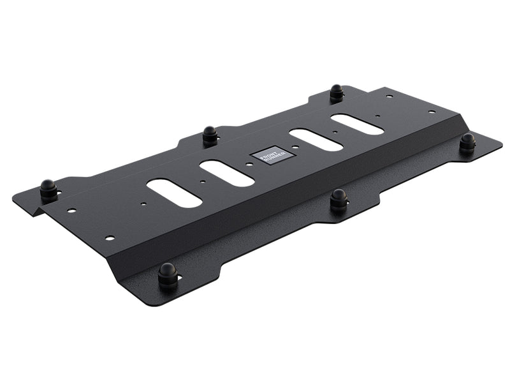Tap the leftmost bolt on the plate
(x=48, y=190)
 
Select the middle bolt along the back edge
(x=210, y=135)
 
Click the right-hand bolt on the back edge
(x=337, y=93)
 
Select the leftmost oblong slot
(x=174, y=192)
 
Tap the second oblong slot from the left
(x=227, y=173)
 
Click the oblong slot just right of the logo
(x=316, y=140)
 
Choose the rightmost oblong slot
(x=357, y=124)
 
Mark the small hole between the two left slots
(x=203, y=181)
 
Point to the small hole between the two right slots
(x=336, y=133)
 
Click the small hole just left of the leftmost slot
(x=144, y=204)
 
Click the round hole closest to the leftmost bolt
(x=72, y=210)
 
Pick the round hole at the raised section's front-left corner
(x=110, y=237)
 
